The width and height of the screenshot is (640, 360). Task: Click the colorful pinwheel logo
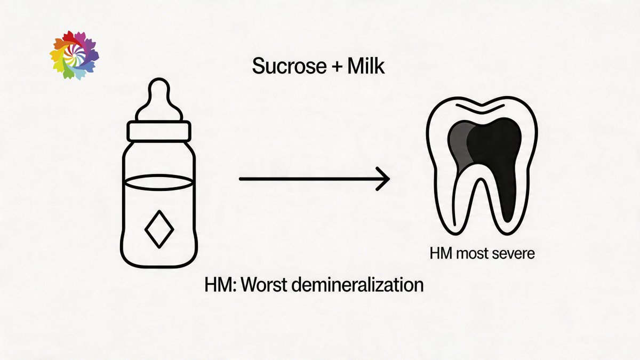pos(74,55)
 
